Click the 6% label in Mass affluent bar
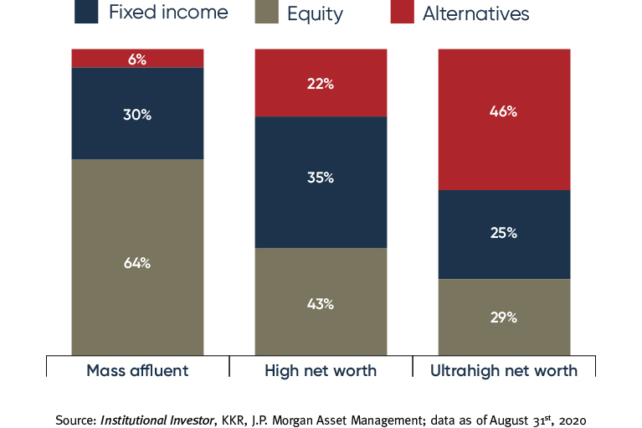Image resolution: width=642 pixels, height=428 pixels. coord(137,59)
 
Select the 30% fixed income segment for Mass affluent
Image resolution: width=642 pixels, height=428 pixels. coord(137,114)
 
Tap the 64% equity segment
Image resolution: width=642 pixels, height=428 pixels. coord(137,262)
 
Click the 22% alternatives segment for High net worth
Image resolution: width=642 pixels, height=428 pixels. coord(321,84)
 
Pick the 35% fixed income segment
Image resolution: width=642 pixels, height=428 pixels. coord(321,178)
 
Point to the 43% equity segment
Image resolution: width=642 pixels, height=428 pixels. coord(321,304)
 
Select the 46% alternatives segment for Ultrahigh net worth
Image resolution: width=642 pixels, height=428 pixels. coord(504,111)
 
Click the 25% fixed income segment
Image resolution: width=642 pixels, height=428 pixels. coord(504,233)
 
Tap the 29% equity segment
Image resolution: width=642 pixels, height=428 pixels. coord(504,317)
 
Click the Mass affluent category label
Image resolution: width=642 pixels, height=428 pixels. coord(137,370)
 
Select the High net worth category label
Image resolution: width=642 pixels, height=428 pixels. coord(321,370)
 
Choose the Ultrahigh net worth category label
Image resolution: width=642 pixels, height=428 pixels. coord(504,370)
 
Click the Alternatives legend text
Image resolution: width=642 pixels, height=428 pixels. coord(476,13)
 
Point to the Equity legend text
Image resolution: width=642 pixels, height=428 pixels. coord(317,13)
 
